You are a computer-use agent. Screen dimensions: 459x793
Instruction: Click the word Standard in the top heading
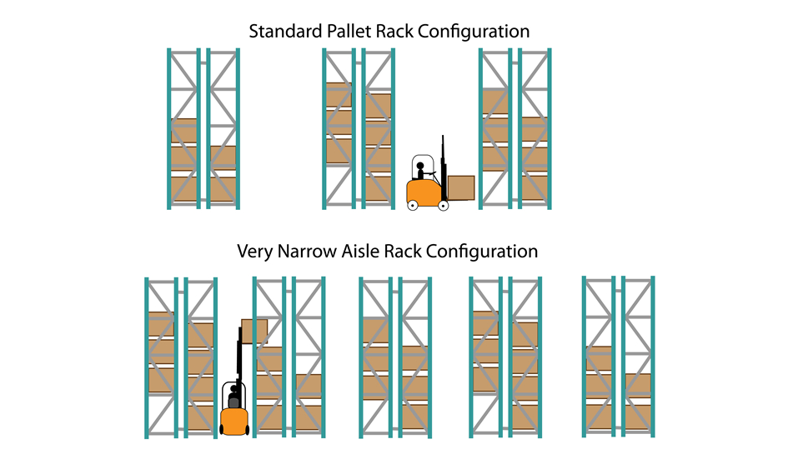pos(283,32)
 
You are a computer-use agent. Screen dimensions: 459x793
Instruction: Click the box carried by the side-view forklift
pos(461,187)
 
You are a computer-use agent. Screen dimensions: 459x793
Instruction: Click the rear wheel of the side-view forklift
pos(413,204)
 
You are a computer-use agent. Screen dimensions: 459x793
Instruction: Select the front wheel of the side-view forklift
pos(443,205)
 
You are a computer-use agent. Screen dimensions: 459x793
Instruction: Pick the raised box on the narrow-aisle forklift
pos(254,331)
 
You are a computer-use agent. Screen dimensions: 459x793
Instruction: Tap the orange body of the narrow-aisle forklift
pos(234,422)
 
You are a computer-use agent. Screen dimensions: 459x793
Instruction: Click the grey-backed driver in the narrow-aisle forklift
pos(234,399)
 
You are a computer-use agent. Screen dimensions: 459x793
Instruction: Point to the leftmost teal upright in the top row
pos(168,128)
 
